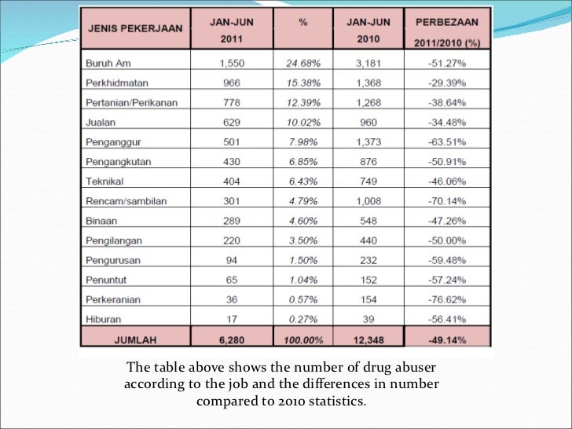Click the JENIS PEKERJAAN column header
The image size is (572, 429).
pyautogui.click(x=135, y=29)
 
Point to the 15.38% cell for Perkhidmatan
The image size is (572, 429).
pyautogui.click(x=302, y=81)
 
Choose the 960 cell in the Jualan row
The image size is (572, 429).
pyautogui.click(x=368, y=122)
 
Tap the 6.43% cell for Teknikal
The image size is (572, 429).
pyautogui.click(x=302, y=182)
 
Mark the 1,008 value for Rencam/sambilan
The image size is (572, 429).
pyautogui.click(x=368, y=202)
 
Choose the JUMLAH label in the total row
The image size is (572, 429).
pyautogui.click(x=135, y=340)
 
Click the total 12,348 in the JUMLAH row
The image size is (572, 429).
pyautogui.click(x=368, y=340)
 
